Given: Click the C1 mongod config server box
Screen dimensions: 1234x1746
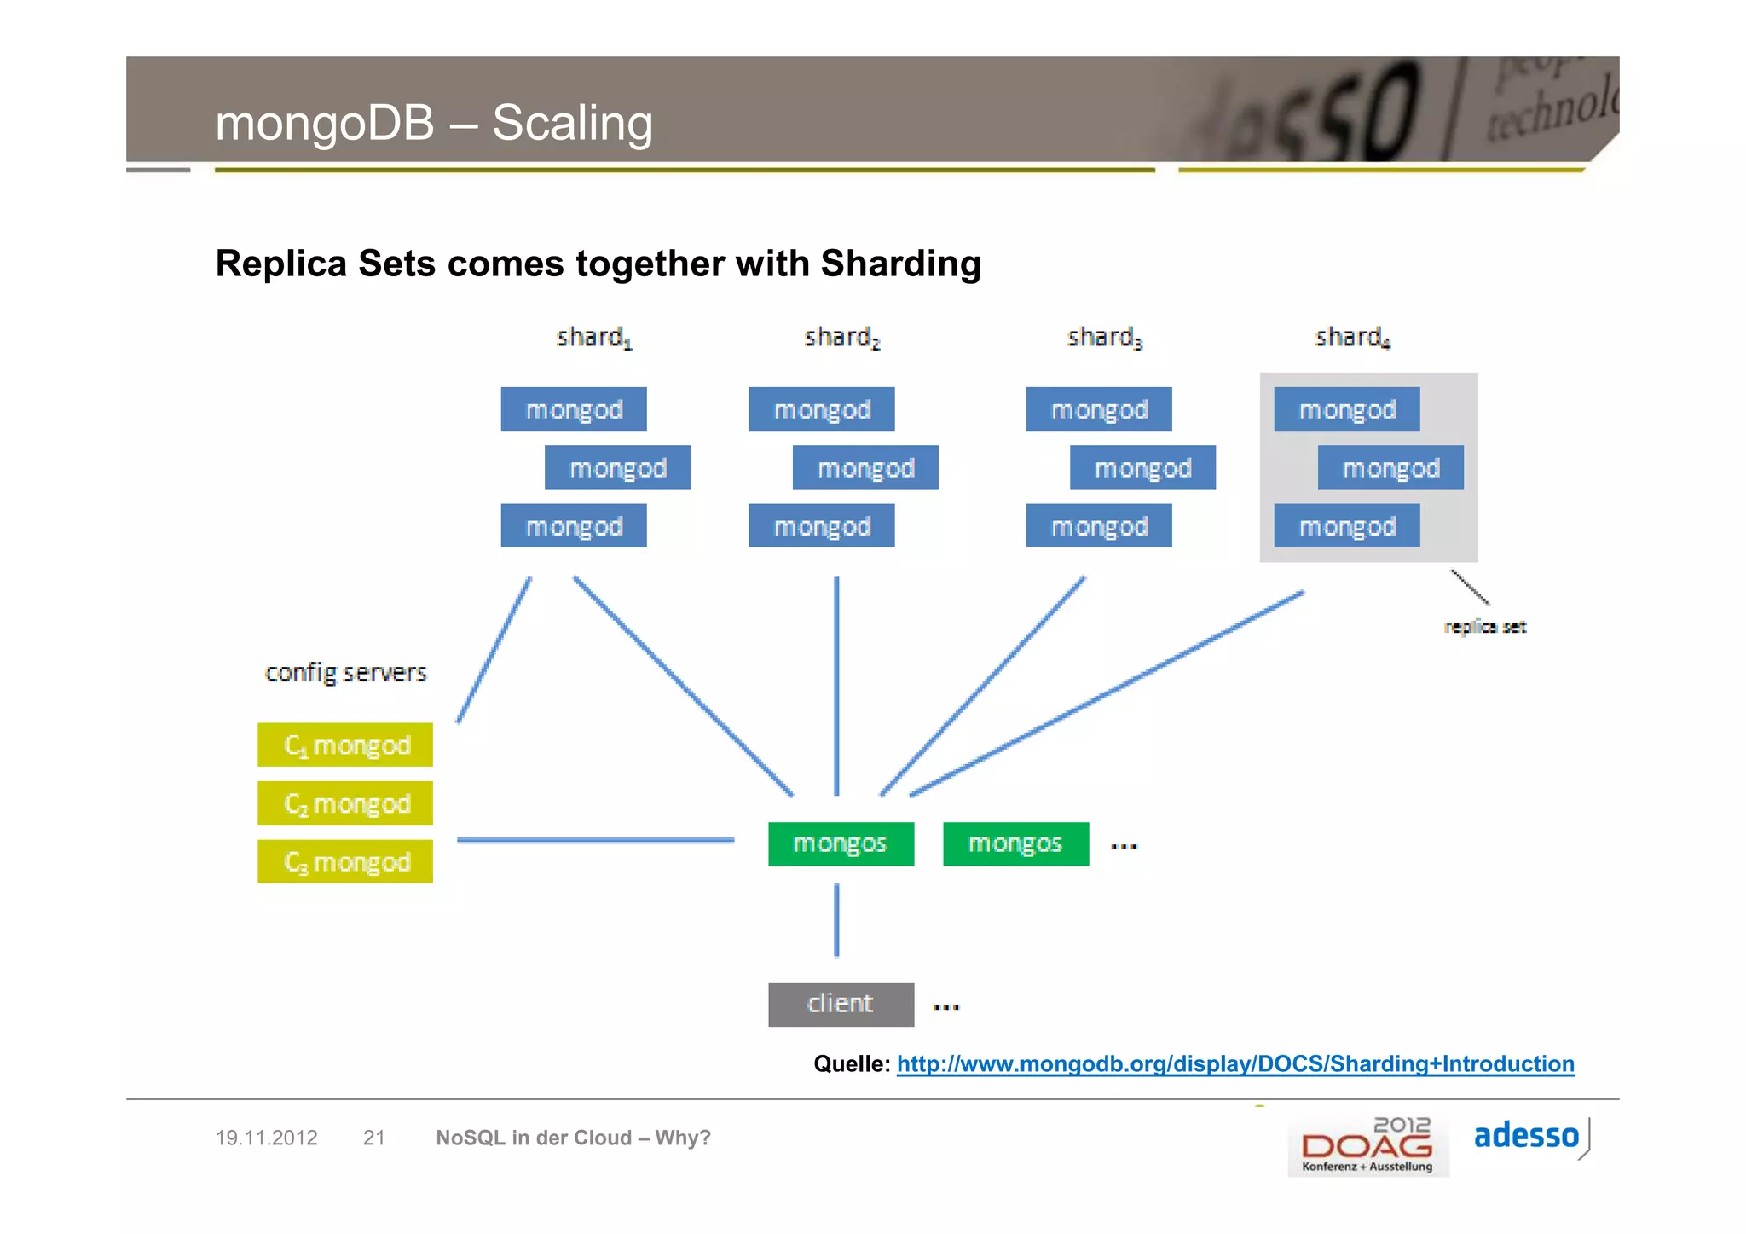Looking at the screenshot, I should coord(345,745).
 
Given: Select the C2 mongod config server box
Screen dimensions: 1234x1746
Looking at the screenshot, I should coord(345,803).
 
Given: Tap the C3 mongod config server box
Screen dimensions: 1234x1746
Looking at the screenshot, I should coord(345,862).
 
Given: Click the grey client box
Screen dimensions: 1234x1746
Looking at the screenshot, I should coord(841,1005).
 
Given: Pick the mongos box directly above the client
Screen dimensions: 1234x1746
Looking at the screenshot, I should coord(841,844).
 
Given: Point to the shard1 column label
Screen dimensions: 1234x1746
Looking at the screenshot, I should coord(593,338).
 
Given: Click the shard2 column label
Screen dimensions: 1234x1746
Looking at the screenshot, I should coord(841,338).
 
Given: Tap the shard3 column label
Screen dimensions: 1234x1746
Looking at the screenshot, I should coord(1104,338).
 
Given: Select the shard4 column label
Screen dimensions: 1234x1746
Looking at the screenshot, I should coord(1352,338).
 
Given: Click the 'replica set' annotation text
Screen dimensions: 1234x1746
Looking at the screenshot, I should coord(1485,627).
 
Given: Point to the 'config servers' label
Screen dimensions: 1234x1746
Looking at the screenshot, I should coord(345,673).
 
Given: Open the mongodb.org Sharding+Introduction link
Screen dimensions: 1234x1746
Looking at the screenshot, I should coord(1235,1064).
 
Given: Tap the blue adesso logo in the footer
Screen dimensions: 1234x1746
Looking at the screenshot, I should coord(1526,1136).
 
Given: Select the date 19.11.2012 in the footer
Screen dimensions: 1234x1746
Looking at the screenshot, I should coord(266,1138).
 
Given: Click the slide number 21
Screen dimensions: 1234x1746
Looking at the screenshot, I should coord(373,1138).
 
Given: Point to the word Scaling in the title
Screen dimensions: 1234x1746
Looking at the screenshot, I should coord(572,123).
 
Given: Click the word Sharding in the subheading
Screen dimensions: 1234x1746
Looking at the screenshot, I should coord(900,264).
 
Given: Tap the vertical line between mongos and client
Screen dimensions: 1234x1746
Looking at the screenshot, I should coord(836,921).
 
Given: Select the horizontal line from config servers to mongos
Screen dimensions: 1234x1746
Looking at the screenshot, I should coord(595,840).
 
